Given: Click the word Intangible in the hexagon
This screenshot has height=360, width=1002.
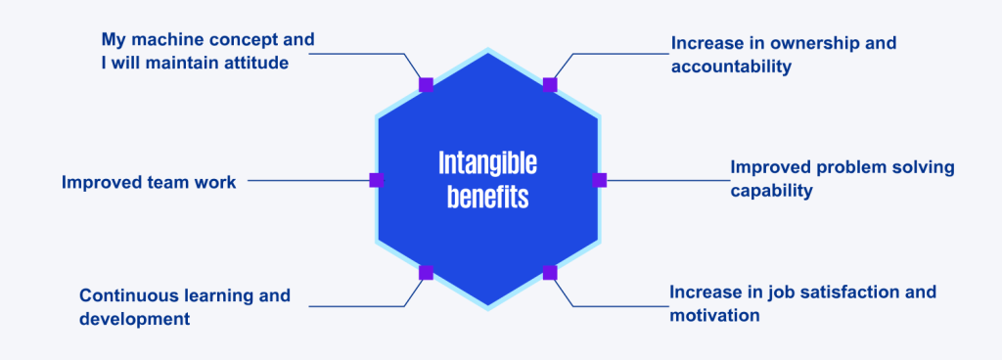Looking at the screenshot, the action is click(x=487, y=161).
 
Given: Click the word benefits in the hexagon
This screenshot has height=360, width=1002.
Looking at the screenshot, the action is click(x=487, y=197).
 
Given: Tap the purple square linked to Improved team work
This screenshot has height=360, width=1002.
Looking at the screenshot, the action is click(x=376, y=180).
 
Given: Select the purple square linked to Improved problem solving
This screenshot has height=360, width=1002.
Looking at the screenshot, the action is click(x=600, y=180).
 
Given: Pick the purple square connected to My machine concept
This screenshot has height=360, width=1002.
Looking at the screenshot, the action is click(x=426, y=85).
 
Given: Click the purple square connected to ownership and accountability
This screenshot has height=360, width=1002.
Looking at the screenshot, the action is click(x=550, y=85).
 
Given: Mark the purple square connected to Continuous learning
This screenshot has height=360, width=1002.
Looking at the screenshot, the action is click(x=426, y=272).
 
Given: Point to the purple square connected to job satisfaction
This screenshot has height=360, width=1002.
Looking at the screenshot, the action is click(x=550, y=272).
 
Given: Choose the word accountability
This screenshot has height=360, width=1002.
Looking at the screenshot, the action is click(x=731, y=67).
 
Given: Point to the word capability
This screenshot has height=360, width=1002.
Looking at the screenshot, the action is click(x=772, y=191).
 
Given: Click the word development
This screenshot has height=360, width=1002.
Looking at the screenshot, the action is click(x=135, y=319).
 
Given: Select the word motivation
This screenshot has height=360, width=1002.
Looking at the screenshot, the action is click(x=714, y=315).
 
